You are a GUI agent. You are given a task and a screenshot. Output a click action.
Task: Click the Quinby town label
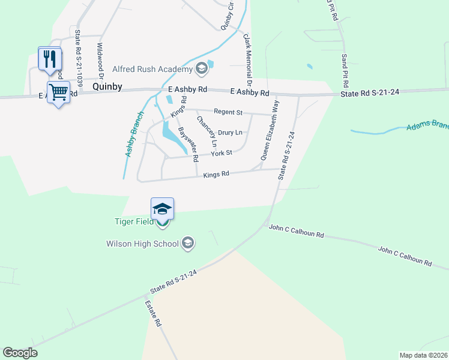point(108,87)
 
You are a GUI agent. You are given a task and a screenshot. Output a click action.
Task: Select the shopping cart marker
point(58,92)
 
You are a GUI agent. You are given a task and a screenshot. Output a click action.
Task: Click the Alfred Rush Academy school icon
point(202,69)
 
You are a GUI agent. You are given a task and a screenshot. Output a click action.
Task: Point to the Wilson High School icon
point(188,243)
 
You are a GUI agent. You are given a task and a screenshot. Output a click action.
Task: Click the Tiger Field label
point(134,221)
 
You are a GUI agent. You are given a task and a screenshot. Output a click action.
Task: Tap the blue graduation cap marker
point(162,209)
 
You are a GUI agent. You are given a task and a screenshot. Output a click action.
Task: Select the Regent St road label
point(229,112)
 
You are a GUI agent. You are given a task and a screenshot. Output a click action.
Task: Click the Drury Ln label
point(230,132)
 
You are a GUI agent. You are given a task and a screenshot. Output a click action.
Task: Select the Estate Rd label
point(153,313)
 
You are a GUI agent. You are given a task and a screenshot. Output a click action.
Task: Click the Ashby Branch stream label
point(134,134)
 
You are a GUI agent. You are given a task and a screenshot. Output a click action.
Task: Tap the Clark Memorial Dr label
point(246,59)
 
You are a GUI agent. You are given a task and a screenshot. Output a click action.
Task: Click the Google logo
point(20,353)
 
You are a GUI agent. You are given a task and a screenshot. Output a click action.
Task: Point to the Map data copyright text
point(424,355)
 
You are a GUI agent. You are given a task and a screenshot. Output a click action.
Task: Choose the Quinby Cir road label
point(227,15)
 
